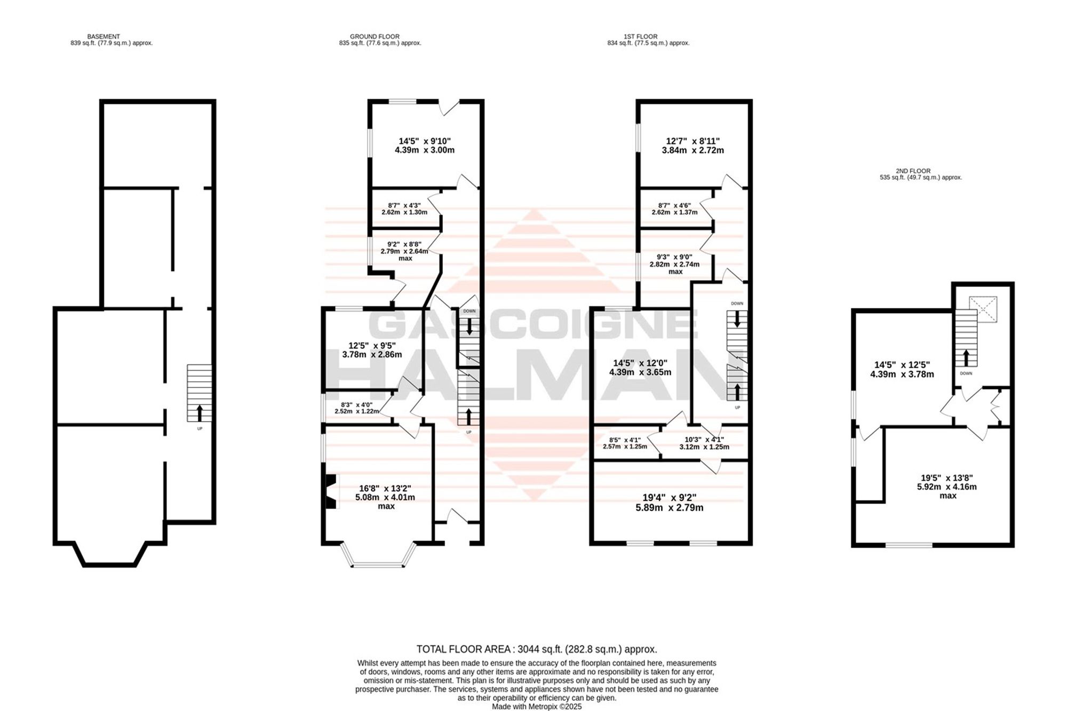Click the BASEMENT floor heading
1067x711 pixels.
tap(103, 37)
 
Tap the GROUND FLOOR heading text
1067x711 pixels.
tap(375, 37)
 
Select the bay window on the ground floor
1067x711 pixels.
tap(379, 555)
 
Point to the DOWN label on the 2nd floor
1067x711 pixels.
tap(966, 373)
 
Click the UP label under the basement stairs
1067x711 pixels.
tap(200, 428)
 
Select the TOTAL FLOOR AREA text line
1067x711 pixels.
tap(537, 649)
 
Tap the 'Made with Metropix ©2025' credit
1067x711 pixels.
tap(537, 707)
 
